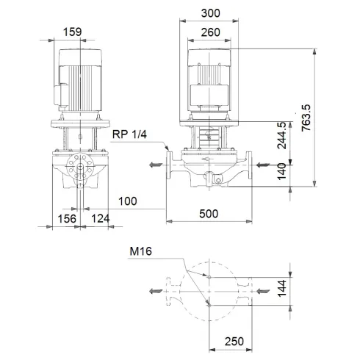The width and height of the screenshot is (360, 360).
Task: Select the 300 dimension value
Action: [x=212, y=12]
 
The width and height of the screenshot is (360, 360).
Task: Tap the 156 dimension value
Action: [x=68, y=219]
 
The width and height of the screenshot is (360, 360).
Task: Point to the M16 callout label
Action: [x=141, y=251]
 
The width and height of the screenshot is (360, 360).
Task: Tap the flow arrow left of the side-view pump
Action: [x=156, y=165]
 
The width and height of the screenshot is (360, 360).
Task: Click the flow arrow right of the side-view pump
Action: [x=262, y=165]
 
